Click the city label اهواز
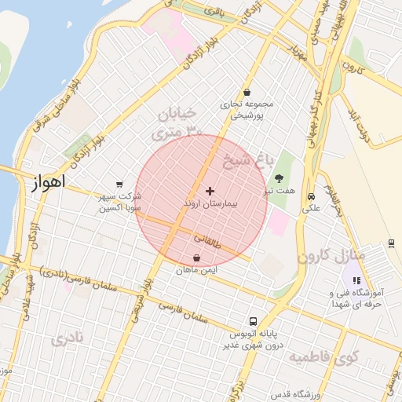(x=47, y=185)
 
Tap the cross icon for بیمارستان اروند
(x=210, y=191)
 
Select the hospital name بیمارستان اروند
(x=210, y=203)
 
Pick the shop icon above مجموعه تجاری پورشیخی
(x=247, y=92)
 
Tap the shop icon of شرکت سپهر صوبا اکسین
(x=119, y=185)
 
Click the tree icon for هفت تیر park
(x=279, y=177)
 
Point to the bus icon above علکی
(x=312, y=196)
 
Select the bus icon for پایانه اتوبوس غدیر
(x=253, y=321)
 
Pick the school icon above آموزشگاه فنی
(x=356, y=280)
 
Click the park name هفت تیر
(x=280, y=191)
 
